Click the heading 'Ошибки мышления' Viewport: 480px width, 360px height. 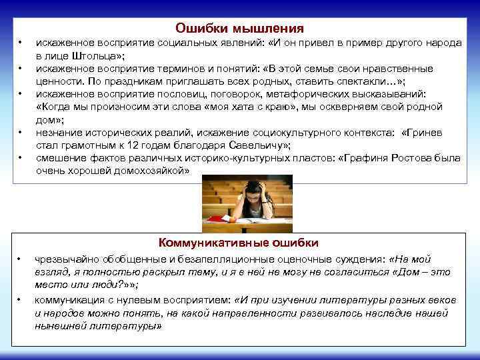click(239, 29)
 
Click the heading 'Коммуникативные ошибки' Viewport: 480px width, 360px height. click(239, 243)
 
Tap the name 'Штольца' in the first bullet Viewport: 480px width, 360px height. click(83, 55)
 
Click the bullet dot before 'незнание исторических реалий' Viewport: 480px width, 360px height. click(21, 133)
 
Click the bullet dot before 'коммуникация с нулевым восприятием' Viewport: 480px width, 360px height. click(21, 300)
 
